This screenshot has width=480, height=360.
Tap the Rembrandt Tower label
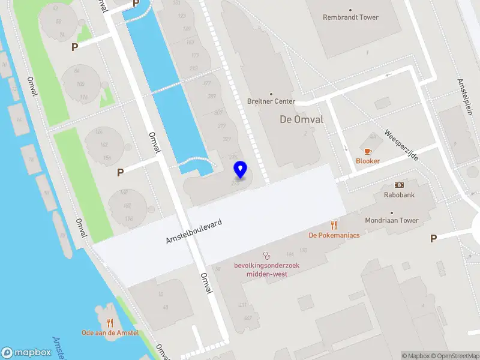[x=351, y=17]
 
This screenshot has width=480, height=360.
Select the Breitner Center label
[x=271, y=101]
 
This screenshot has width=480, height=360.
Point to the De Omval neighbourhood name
[x=302, y=119]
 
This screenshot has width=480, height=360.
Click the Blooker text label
[x=368, y=161]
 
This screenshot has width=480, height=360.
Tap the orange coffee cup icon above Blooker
[x=368, y=151]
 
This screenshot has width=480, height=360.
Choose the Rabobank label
[x=399, y=195]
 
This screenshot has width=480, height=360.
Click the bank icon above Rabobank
[x=399, y=185]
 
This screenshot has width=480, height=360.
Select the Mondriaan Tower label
[x=392, y=220]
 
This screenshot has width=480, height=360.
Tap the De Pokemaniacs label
[x=334, y=235]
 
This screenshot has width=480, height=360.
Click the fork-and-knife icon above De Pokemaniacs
[x=334, y=225]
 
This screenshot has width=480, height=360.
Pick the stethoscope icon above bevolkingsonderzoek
[x=267, y=255]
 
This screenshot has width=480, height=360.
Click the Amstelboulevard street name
[x=194, y=232]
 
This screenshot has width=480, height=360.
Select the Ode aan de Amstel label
[x=110, y=333]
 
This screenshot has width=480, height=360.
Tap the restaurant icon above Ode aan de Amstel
[x=110, y=323]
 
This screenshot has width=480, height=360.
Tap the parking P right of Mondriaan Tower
[x=433, y=239]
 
